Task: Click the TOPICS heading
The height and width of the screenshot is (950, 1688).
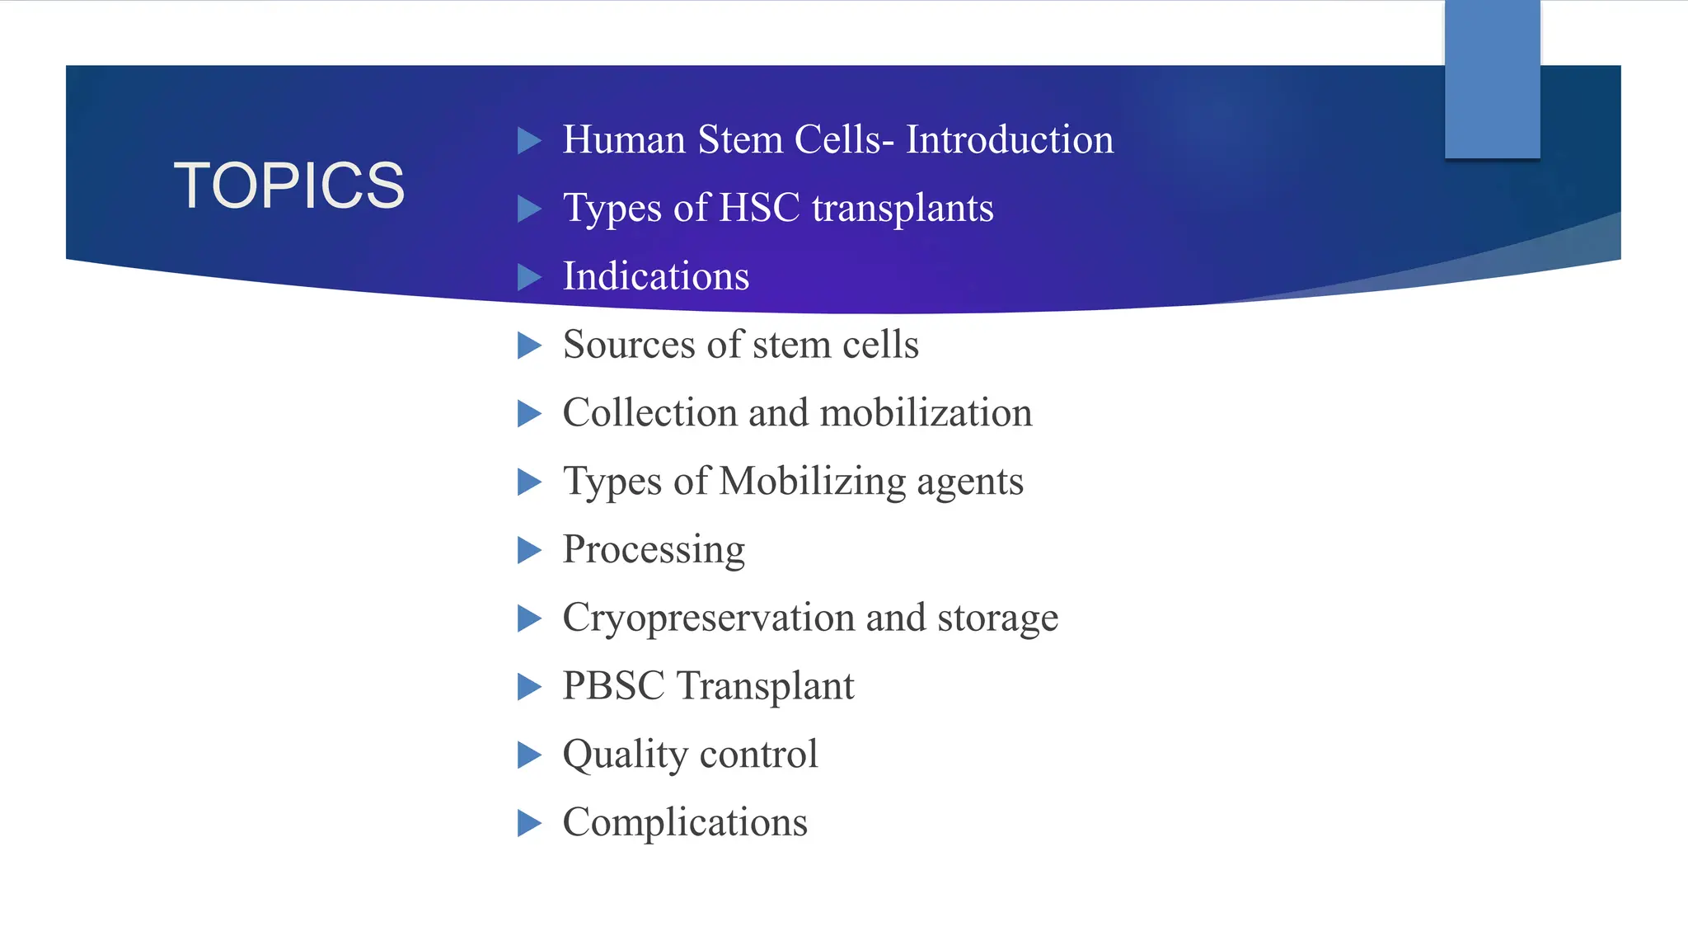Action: pyautogui.click(x=288, y=185)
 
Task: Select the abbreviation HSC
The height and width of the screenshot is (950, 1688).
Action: pyautogui.click(x=759, y=208)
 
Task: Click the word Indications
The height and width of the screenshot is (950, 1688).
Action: pyautogui.click(x=655, y=276)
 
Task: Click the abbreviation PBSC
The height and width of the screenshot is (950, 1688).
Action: pyautogui.click(x=613, y=686)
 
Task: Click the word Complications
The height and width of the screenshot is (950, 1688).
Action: pyautogui.click(x=684, y=822)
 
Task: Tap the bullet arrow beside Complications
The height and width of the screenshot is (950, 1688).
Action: pyautogui.click(x=528, y=823)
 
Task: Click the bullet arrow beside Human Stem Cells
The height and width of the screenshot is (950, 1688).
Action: pyautogui.click(x=528, y=140)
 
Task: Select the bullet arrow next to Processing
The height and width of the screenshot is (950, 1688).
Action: pyautogui.click(x=528, y=550)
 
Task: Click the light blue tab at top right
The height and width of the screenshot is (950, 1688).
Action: pyautogui.click(x=1492, y=79)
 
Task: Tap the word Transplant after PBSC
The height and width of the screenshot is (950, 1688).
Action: pyautogui.click(x=765, y=686)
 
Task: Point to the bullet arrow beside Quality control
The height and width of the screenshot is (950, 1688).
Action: pyautogui.click(x=528, y=755)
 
